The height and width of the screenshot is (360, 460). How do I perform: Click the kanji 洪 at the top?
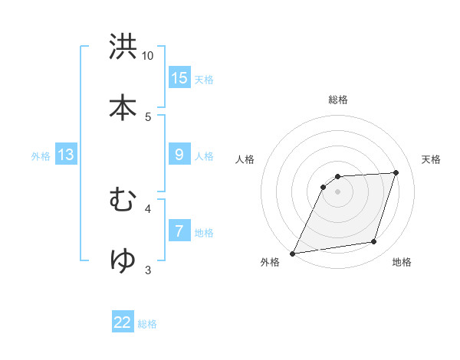123,47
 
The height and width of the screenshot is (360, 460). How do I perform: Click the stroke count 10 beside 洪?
148,56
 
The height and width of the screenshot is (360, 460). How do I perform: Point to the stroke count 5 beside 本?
148,117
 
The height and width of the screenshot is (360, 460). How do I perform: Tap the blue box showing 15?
179,78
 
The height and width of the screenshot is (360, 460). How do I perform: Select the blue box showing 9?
179,155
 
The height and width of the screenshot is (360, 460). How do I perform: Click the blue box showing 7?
179,231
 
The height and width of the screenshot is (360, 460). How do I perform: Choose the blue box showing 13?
66,155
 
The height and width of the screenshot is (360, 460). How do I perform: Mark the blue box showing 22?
123,322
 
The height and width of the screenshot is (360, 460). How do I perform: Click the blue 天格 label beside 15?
204,80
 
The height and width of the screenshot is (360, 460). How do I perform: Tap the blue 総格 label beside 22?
147,324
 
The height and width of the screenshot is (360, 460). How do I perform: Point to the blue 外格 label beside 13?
41,156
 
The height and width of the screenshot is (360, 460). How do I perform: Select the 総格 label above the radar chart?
338,100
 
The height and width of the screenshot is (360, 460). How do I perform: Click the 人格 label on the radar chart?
245,159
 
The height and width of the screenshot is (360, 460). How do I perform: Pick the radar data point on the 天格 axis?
396,172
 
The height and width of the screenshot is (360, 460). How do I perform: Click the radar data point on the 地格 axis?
374,242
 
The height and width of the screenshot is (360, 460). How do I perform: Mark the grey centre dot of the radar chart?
338,191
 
